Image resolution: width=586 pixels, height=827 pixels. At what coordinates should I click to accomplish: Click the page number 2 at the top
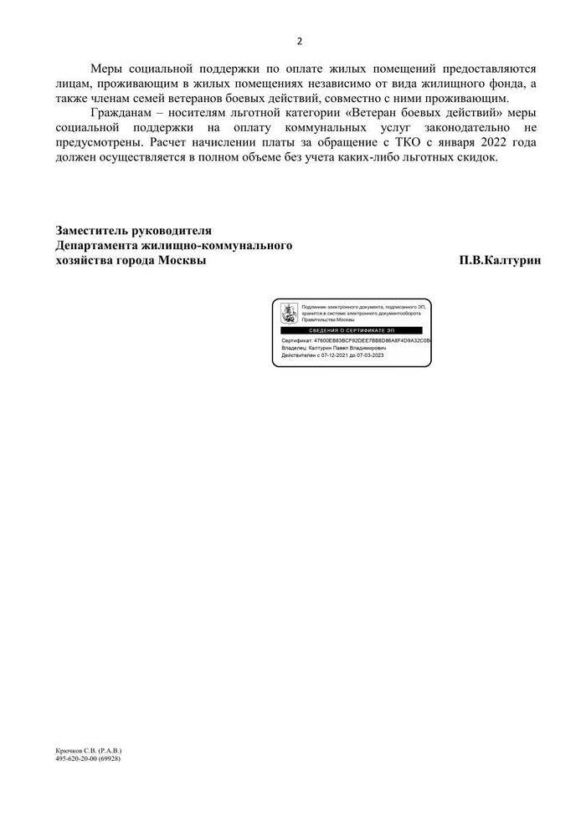point(299,41)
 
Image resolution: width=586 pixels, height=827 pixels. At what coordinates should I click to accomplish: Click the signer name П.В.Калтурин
point(500,261)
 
